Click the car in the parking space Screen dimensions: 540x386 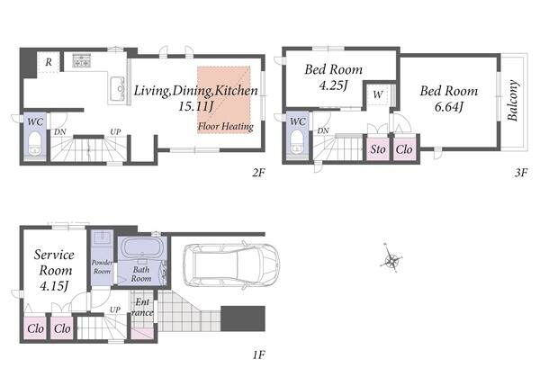click(231, 265)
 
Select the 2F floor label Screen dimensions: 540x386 click(258, 173)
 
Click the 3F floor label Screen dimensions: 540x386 click(521, 173)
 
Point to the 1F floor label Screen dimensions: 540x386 click(258, 355)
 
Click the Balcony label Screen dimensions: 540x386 click(513, 100)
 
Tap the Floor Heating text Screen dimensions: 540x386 click(226, 127)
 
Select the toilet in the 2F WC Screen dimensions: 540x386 click(35, 143)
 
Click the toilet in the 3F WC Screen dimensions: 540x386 click(297, 141)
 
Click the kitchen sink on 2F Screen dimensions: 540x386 click(118, 88)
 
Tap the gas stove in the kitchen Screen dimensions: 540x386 click(82, 60)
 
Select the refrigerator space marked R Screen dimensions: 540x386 click(49, 62)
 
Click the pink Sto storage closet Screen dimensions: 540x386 click(378, 149)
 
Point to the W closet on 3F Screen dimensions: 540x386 click(378, 94)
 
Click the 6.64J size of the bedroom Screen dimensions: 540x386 click(448, 107)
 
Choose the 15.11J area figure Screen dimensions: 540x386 click(194, 106)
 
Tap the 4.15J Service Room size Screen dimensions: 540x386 click(54, 286)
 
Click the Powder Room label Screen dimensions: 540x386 click(102, 267)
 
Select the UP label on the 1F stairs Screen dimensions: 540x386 click(115, 310)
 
